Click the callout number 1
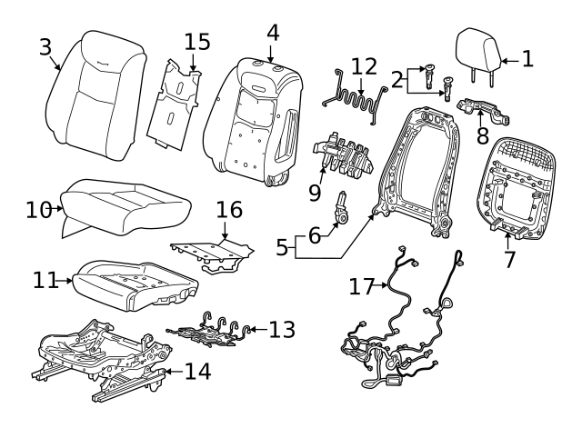527,60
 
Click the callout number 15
196,43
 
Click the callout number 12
363,66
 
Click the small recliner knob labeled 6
345,210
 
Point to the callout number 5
283,245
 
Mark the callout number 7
509,259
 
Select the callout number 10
36,209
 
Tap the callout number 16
229,211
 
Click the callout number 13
282,329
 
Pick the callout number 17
362,286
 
